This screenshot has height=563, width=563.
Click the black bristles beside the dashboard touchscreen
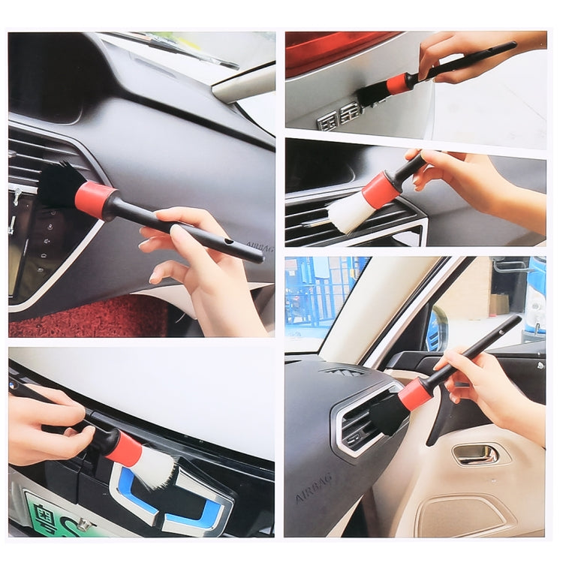[x=60, y=186]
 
